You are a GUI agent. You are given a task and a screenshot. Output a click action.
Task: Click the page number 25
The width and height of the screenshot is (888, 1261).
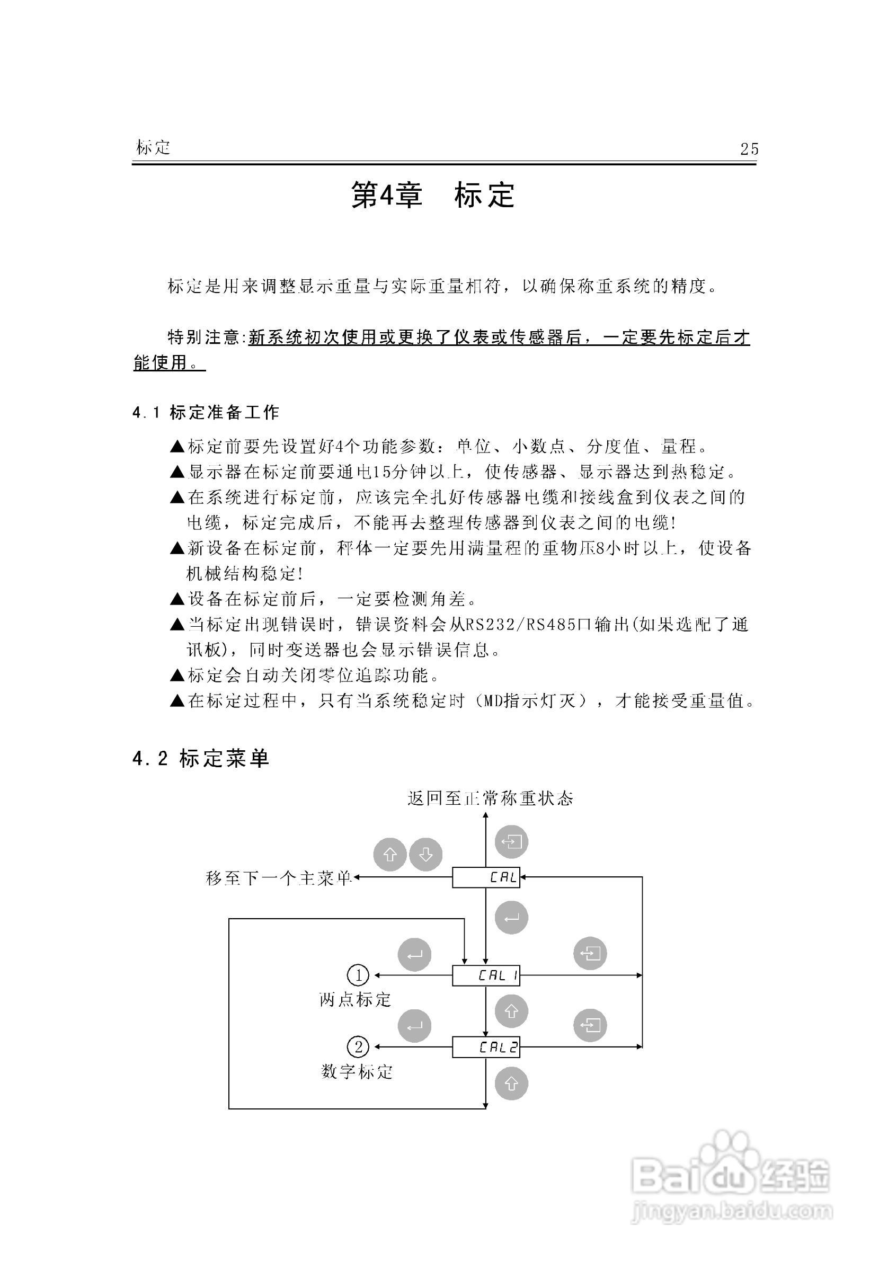(x=749, y=149)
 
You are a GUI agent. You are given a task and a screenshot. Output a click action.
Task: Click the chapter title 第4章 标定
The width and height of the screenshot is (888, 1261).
(x=433, y=195)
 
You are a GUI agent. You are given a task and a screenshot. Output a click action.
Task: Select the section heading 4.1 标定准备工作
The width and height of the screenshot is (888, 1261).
(x=206, y=412)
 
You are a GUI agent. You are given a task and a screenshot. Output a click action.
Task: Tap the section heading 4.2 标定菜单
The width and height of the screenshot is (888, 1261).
(x=201, y=759)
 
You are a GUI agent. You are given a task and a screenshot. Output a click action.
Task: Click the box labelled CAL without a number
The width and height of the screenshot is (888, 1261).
(x=486, y=877)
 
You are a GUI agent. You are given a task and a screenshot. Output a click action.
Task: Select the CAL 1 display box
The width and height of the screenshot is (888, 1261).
(x=486, y=975)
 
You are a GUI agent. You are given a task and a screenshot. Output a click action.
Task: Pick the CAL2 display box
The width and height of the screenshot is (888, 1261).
(x=486, y=1047)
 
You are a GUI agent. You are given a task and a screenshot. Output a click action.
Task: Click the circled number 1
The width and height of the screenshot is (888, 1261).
(x=359, y=975)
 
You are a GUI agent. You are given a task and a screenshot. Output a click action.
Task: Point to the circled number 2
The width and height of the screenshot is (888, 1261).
(x=359, y=1047)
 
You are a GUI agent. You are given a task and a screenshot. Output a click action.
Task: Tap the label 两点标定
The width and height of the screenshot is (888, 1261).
(x=356, y=999)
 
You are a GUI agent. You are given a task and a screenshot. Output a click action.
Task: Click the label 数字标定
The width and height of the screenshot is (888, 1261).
(x=357, y=1071)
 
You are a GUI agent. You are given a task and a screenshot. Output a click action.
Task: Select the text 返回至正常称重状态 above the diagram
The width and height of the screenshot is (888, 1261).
(x=491, y=798)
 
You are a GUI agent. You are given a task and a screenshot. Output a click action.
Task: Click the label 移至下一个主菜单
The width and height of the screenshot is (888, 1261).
(x=278, y=878)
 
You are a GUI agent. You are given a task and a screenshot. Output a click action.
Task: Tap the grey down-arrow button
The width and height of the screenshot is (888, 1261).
(x=425, y=855)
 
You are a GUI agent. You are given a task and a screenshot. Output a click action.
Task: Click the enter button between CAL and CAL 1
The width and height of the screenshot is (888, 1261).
(x=511, y=917)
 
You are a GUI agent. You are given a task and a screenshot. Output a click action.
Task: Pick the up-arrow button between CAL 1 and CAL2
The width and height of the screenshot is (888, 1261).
(x=511, y=1011)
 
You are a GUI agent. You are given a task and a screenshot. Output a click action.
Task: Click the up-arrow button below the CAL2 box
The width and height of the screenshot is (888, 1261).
(x=511, y=1084)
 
